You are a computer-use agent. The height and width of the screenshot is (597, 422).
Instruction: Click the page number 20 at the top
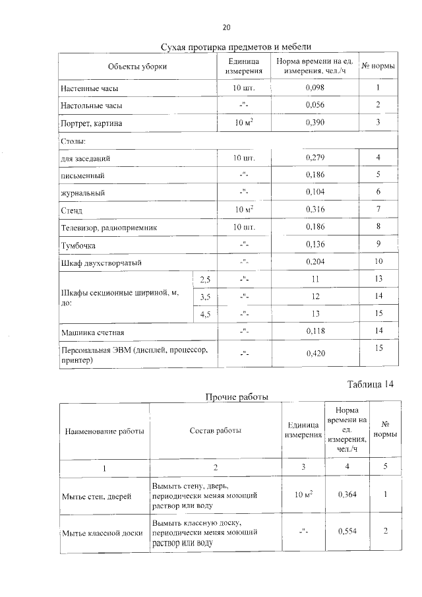pyautogui.click(x=226, y=28)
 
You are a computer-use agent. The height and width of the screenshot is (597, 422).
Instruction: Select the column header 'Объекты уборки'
pyautogui.click(x=138, y=67)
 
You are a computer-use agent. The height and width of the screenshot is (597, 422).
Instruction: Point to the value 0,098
pyautogui.click(x=316, y=88)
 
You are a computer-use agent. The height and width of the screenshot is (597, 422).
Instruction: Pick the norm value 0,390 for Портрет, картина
pyautogui.click(x=316, y=123)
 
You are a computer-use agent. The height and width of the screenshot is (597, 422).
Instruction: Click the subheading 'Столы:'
pyautogui.click(x=74, y=141)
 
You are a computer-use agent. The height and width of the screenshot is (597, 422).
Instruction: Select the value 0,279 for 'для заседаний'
pyautogui.click(x=316, y=158)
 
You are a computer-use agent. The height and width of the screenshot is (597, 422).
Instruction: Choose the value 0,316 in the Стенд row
pyautogui.click(x=316, y=210)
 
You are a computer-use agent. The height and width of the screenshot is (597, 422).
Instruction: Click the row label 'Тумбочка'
pyautogui.click(x=78, y=245)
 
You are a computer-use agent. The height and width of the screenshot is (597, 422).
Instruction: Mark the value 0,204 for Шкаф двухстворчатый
pyautogui.click(x=316, y=262)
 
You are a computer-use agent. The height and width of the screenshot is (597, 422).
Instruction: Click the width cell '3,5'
pyautogui.click(x=205, y=297)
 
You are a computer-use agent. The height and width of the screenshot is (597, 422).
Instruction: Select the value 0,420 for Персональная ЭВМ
pyautogui.click(x=316, y=354)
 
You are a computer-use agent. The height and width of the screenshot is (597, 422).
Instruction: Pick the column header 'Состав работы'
pyautogui.click(x=215, y=431)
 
